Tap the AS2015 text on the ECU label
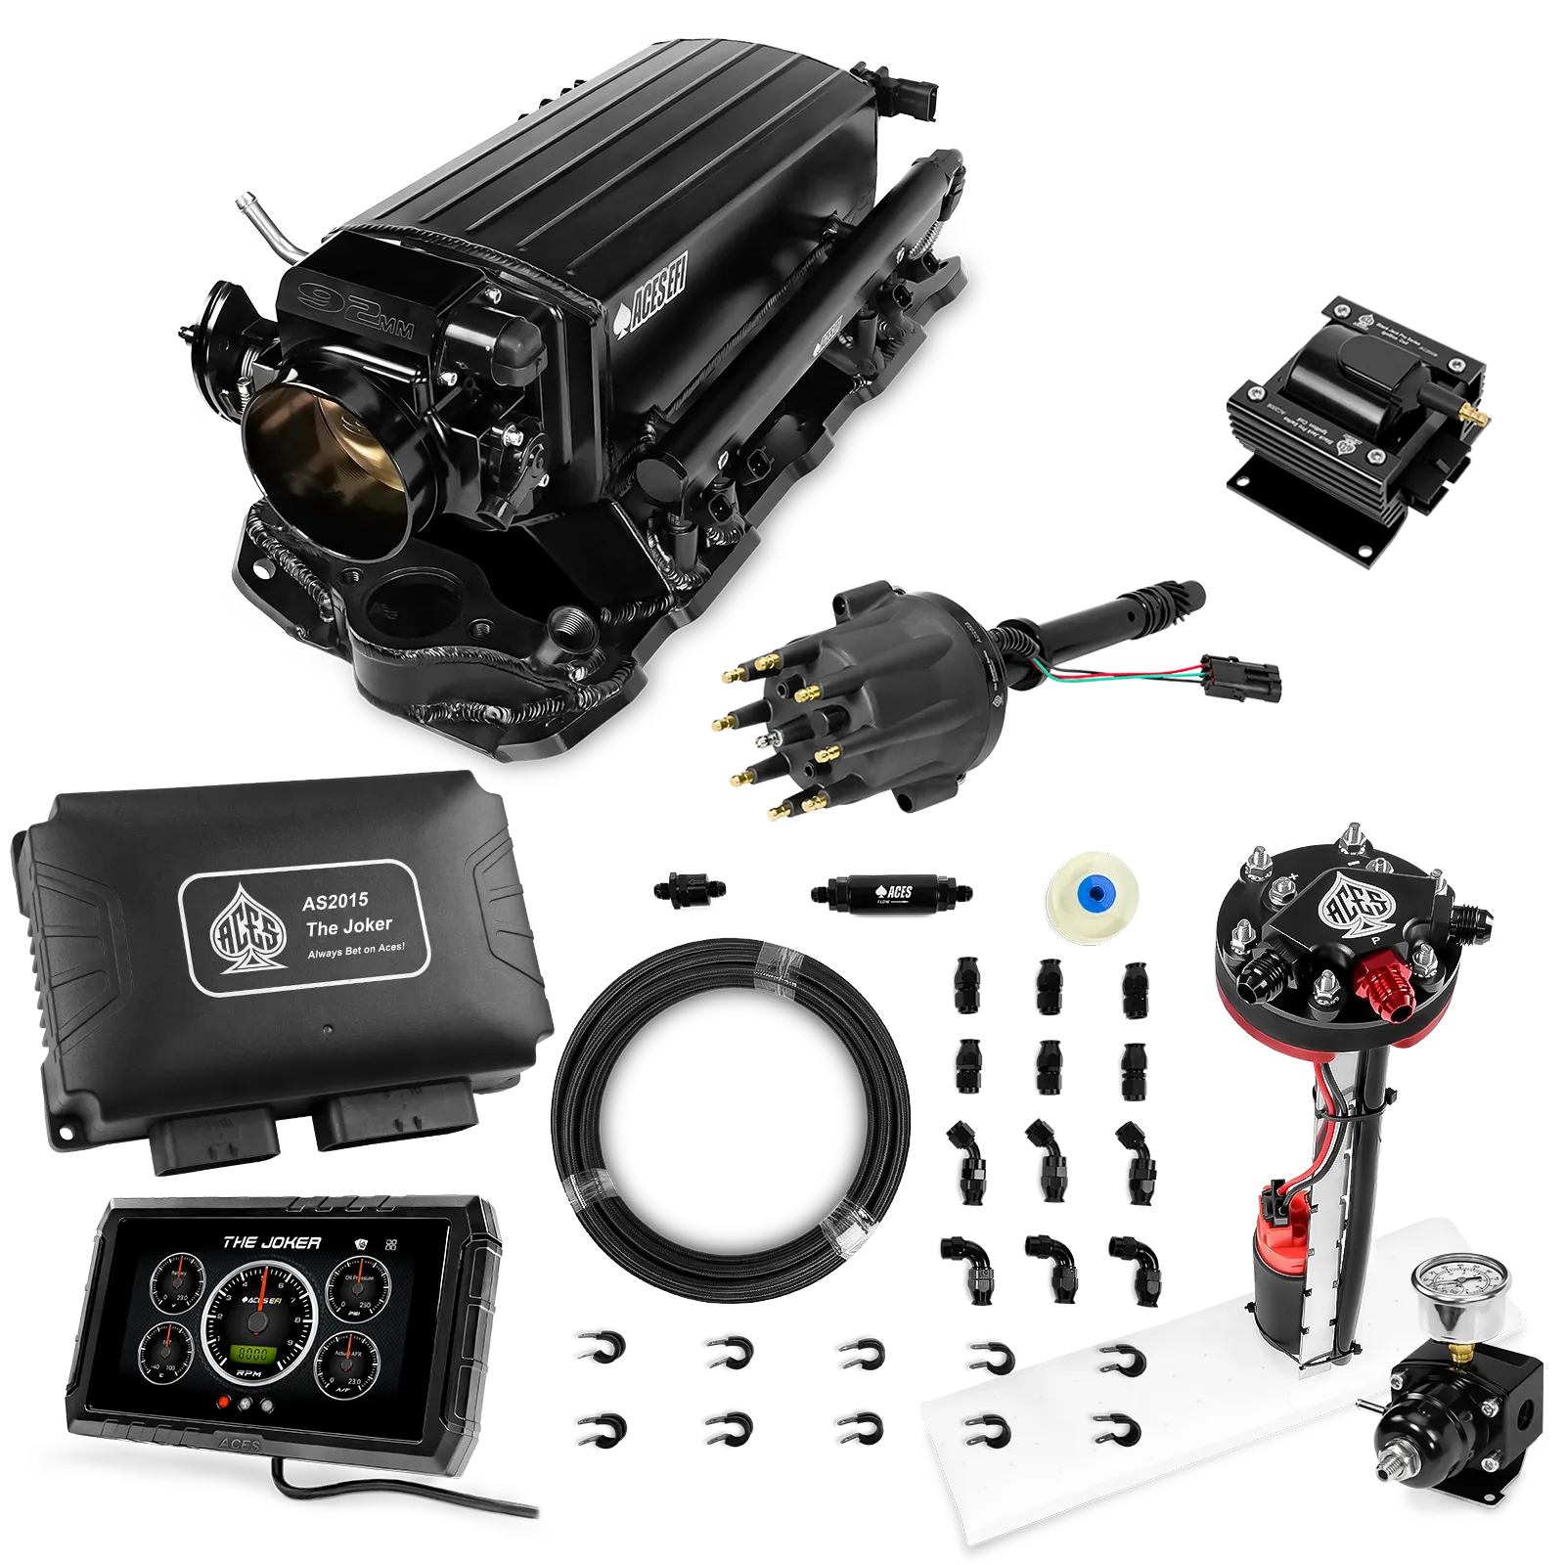tap(335, 901)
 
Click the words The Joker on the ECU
tap(348, 926)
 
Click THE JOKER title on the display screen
tap(271, 1243)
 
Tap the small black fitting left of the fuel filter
tap(689, 890)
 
